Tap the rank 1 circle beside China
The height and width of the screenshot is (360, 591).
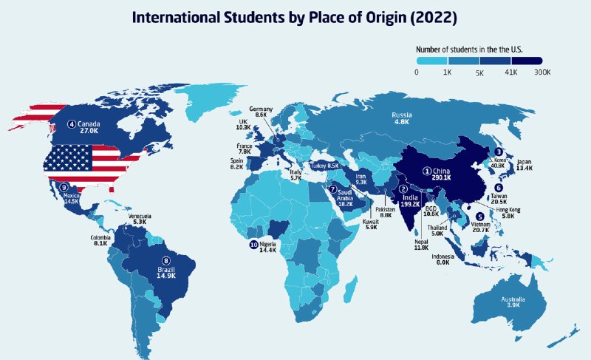point(426,170)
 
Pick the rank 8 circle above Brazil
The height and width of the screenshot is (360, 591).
point(165,260)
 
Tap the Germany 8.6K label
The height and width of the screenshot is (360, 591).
point(261,112)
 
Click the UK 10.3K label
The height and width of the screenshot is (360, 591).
point(243,125)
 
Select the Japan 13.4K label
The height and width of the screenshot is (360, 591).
point(525,165)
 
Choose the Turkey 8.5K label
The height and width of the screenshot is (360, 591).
point(324,166)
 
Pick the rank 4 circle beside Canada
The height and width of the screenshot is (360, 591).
point(72,123)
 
